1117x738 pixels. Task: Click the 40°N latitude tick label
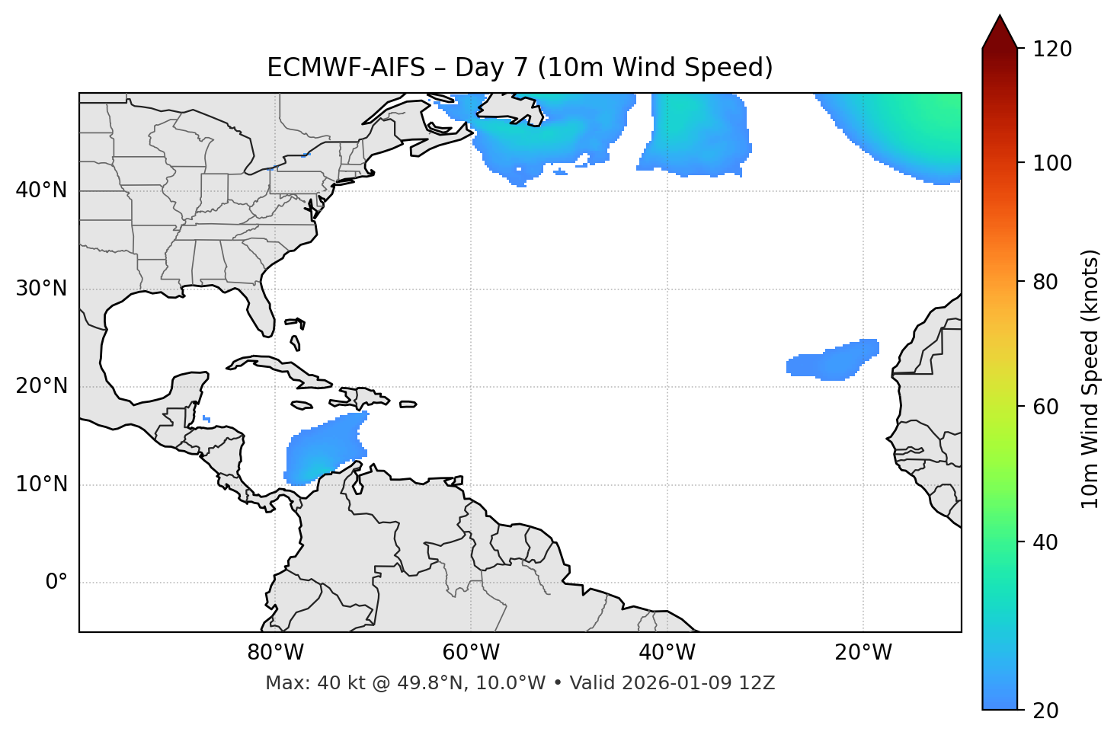41,190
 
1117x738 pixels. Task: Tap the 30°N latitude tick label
41,289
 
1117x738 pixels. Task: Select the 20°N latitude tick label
41,386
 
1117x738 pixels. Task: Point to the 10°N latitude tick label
41,484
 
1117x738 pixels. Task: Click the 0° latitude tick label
56,583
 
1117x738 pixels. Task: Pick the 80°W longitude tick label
275,653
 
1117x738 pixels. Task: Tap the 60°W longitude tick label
471,653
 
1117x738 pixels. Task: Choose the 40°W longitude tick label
667,653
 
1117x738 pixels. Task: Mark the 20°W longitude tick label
863,653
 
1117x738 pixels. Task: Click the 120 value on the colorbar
1051,49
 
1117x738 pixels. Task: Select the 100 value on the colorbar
1051,163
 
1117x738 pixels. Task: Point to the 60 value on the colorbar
1046,407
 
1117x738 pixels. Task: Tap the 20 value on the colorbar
1046,710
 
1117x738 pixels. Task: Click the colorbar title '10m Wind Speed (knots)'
1090,379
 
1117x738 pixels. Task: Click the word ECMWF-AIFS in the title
346,68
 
